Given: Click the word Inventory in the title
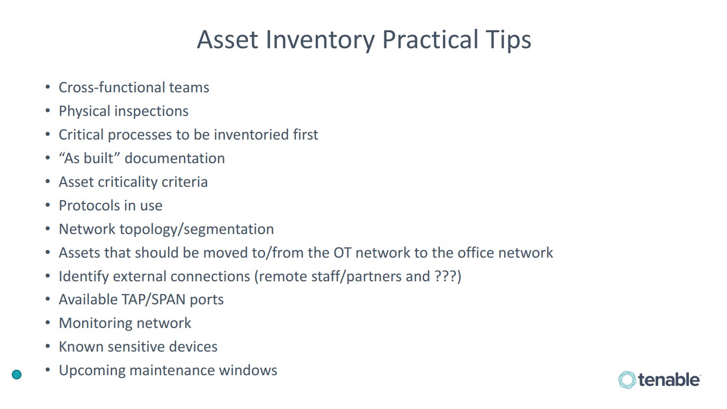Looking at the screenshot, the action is (x=320, y=40).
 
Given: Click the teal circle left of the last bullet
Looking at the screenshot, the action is (x=17, y=375).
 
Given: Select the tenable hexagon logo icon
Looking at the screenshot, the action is (x=627, y=380).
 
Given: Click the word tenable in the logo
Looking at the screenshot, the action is (x=669, y=380).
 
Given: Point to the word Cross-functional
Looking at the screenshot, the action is (x=112, y=87).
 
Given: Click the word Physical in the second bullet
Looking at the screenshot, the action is (x=84, y=111).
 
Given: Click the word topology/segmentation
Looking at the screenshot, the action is (x=197, y=230).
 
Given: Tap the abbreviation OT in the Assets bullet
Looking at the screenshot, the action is (x=343, y=253).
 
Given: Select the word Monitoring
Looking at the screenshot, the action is (x=96, y=323).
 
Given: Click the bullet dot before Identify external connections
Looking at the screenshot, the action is (x=48, y=276).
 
